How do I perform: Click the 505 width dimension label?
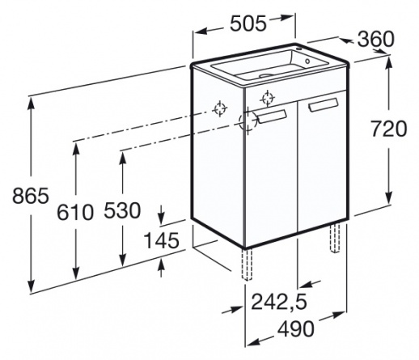(248, 23)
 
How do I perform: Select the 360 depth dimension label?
(375, 39)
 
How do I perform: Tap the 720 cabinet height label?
(388, 129)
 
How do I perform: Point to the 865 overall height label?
(31, 196)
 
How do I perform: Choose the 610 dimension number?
(75, 212)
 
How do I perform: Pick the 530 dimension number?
(122, 210)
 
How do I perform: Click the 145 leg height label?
(161, 240)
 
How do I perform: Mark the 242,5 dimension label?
(279, 302)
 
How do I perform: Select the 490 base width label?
(296, 328)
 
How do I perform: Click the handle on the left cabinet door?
(273, 116)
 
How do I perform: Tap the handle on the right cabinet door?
(324, 104)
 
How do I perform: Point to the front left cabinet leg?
(247, 265)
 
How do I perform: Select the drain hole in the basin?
(267, 75)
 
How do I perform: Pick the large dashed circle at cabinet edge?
(248, 121)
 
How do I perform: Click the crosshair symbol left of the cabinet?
(220, 109)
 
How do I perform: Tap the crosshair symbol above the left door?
(268, 99)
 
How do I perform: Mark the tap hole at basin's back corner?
(298, 49)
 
